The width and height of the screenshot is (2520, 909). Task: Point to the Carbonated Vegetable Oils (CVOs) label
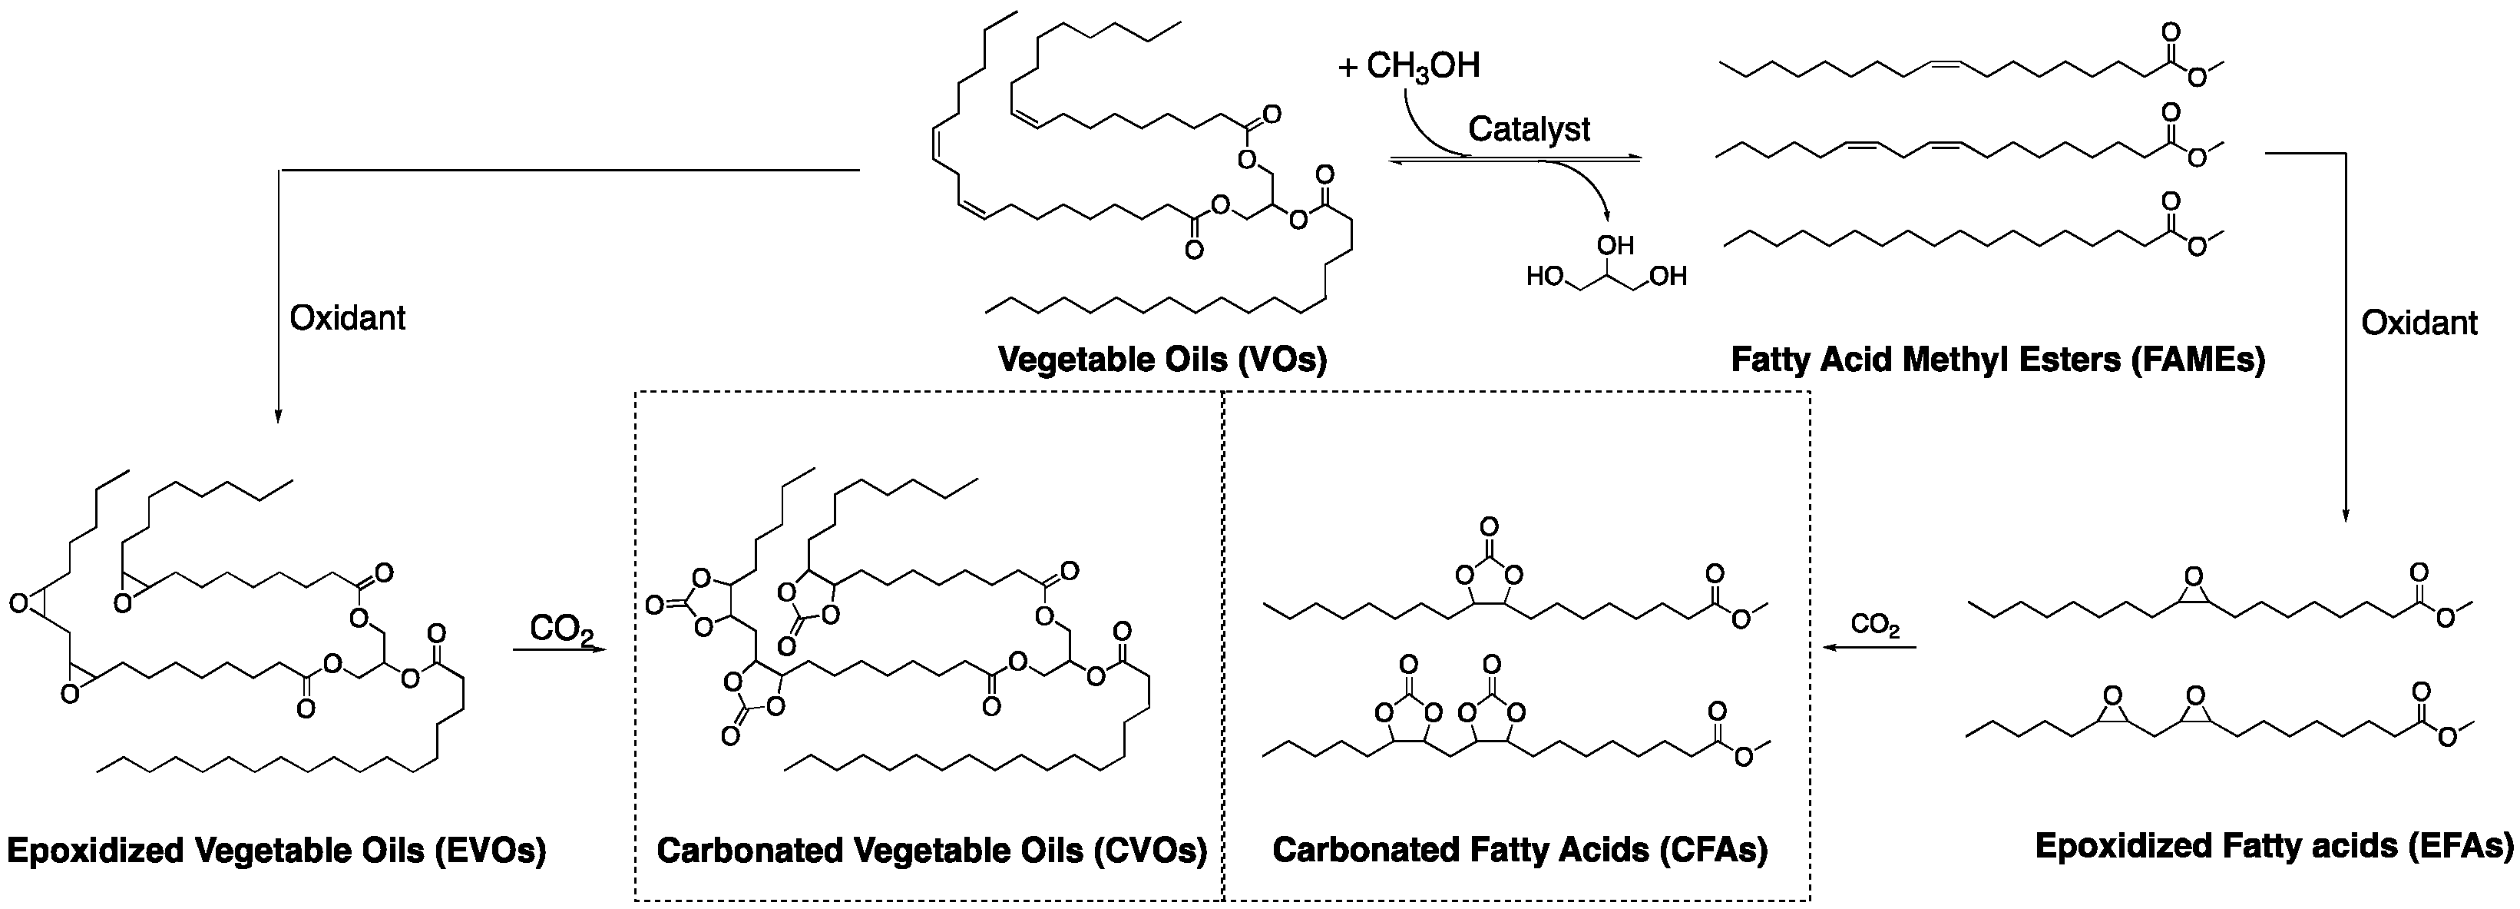tap(931, 849)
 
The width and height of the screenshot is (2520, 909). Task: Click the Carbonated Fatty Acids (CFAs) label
tap(1520, 849)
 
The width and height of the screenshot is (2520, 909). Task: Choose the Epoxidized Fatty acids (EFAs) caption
tap(2274, 845)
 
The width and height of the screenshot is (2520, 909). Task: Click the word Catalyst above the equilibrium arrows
tap(1529, 129)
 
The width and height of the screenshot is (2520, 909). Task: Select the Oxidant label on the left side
tap(347, 318)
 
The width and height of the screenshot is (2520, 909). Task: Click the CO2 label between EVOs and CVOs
tap(561, 629)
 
